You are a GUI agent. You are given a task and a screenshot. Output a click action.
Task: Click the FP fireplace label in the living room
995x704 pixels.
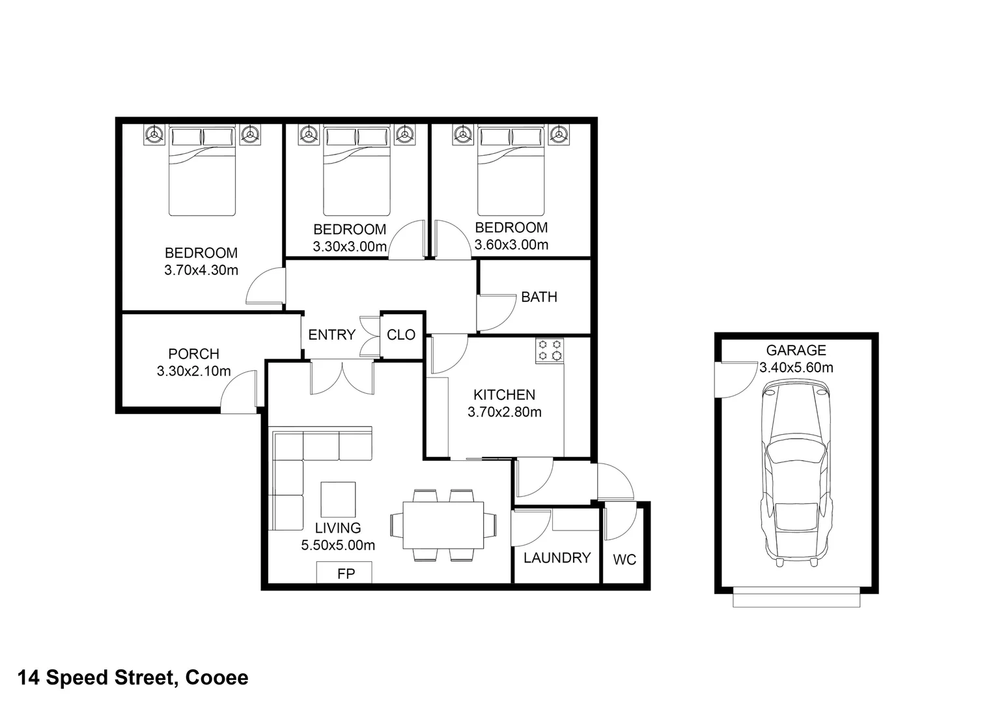[345, 574]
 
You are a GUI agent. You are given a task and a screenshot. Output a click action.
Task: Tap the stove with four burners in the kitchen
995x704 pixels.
[549, 350]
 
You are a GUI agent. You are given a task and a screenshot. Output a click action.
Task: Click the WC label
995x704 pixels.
[624, 560]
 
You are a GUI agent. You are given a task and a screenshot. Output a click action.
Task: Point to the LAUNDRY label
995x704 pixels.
[557, 558]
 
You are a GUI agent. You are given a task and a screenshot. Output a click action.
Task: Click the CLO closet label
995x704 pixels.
[400, 335]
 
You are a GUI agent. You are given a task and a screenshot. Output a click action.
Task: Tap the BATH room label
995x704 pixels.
[539, 297]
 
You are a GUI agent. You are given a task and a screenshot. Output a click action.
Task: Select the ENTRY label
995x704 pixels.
[331, 335]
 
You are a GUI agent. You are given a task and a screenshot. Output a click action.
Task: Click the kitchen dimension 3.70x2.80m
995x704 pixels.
[505, 412]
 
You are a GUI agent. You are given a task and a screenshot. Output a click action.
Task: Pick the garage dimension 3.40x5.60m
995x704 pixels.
[796, 368]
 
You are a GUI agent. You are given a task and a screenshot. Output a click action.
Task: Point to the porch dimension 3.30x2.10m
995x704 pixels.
[193, 372]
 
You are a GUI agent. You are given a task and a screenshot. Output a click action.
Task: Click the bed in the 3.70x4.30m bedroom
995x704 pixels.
[201, 171]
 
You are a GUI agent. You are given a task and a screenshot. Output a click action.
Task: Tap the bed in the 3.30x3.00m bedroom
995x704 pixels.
[356, 171]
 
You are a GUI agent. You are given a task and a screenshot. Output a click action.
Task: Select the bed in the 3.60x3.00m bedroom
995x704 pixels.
[511, 171]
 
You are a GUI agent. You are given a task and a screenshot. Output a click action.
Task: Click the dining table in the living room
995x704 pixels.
[443, 525]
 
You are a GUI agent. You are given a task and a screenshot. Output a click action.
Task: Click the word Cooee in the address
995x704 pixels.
[217, 678]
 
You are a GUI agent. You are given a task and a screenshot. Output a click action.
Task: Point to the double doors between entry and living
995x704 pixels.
[343, 377]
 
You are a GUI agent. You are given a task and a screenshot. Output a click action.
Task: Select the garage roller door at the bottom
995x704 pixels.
[796, 598]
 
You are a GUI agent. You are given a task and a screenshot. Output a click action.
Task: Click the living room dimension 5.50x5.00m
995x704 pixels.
[338, 546]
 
